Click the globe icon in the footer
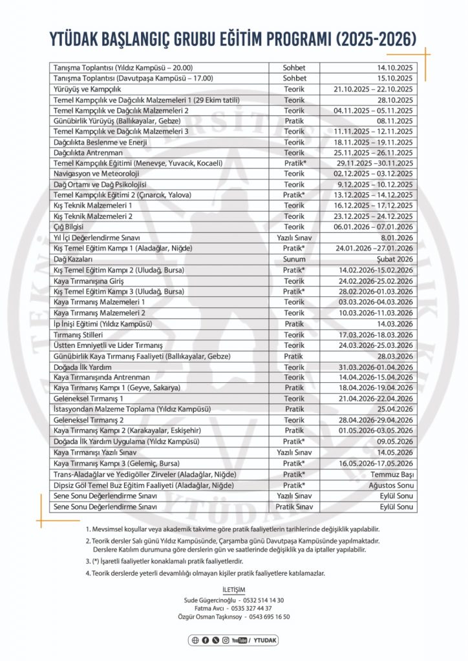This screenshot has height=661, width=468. (x=195, y=640)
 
